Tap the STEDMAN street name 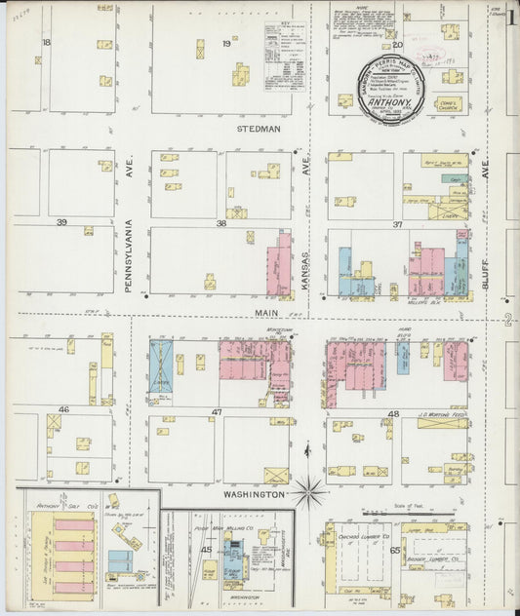[x=259, y=129]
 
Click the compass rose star [x=310, y=491]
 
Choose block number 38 [x=220, y=223]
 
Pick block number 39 [x=60, y=222]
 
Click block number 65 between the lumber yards [x=395, y=550]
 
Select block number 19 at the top [x=226, y=44]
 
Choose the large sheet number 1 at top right [x=511, y=18]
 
